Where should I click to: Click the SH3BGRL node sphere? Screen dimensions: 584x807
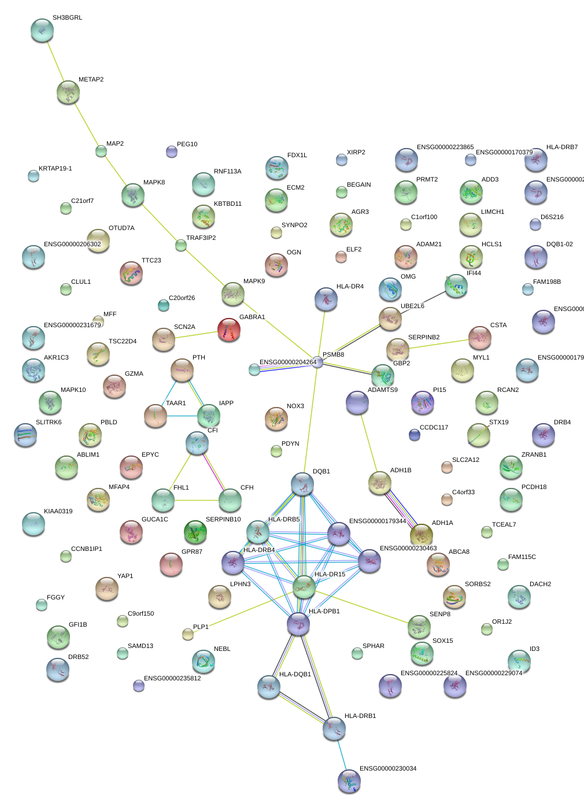[42, 31]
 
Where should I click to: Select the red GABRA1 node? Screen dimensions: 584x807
[229, 330]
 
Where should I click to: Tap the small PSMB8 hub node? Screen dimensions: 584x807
[317, 362]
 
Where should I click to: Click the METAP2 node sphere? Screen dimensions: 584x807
[68, 92]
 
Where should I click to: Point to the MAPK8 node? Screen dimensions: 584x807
[133, 195]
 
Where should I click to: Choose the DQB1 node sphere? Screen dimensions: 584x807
[302, 484]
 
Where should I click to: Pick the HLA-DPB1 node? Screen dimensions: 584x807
[298, 624]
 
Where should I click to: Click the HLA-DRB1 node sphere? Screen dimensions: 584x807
[334, 729]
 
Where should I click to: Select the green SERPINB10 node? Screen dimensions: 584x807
[195, 532]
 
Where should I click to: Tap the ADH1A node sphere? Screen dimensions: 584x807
[421, 535]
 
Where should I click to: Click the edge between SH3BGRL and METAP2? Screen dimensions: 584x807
[55, 61]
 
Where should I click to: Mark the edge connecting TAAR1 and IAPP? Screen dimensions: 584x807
[182, 416]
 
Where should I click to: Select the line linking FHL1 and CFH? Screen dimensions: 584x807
[197, 500]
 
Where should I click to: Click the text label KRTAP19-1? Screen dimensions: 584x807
[56, 169]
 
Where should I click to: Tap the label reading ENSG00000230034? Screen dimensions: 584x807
[388, 768]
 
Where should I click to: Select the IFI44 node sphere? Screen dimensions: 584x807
[457, 286]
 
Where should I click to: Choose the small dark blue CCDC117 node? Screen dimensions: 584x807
[414, 435]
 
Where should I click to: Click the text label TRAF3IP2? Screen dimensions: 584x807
[201, 238]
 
